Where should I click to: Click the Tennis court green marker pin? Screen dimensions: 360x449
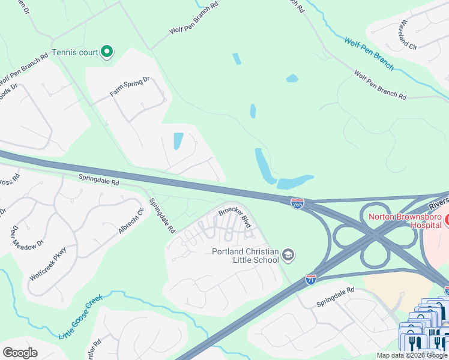tap(106, 52)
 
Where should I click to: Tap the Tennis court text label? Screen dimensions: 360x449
tap(75, 52)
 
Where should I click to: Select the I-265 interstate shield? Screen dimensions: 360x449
tap(297, 204)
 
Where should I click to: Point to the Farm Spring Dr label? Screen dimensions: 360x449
tap(129, 86)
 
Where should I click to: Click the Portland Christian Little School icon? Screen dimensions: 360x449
tap(289, 255)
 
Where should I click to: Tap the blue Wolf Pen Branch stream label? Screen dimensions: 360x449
tap(369, 53)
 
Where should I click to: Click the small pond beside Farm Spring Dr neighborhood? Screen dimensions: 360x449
tap(178, 141)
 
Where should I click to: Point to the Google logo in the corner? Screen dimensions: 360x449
tap(20, 353)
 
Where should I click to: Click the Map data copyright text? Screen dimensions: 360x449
tap(411, 355)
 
